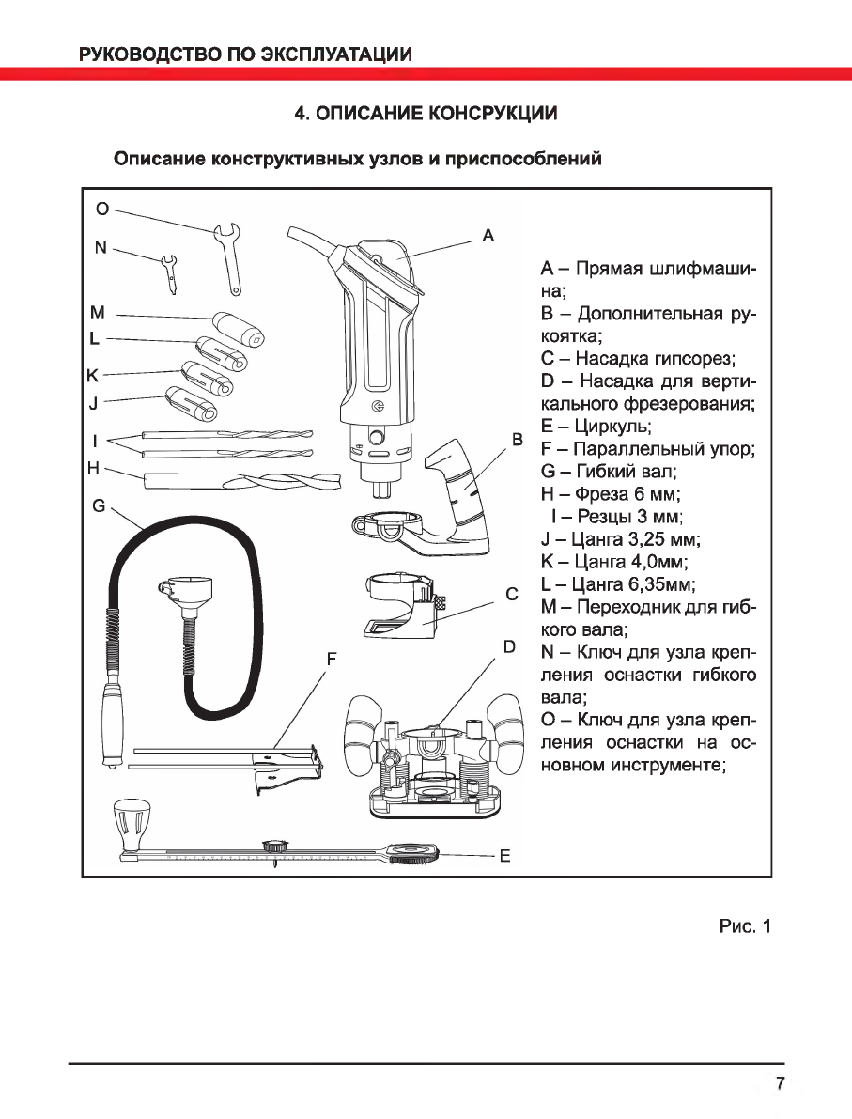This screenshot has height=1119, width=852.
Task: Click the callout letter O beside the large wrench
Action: (x=104, y=209)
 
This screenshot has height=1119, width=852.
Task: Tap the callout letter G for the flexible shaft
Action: (x=99, y=505)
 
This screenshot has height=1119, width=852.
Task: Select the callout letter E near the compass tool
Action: (x=504, y=856)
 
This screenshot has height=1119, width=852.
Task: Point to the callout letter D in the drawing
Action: (x=509, y=646)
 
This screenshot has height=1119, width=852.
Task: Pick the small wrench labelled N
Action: (x=170, y=271)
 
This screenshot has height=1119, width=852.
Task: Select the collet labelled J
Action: (x=191, y=402)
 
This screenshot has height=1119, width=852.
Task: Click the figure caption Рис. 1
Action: (x=744, y=927)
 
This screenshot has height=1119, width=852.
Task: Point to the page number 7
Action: (x=780, y=1082)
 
